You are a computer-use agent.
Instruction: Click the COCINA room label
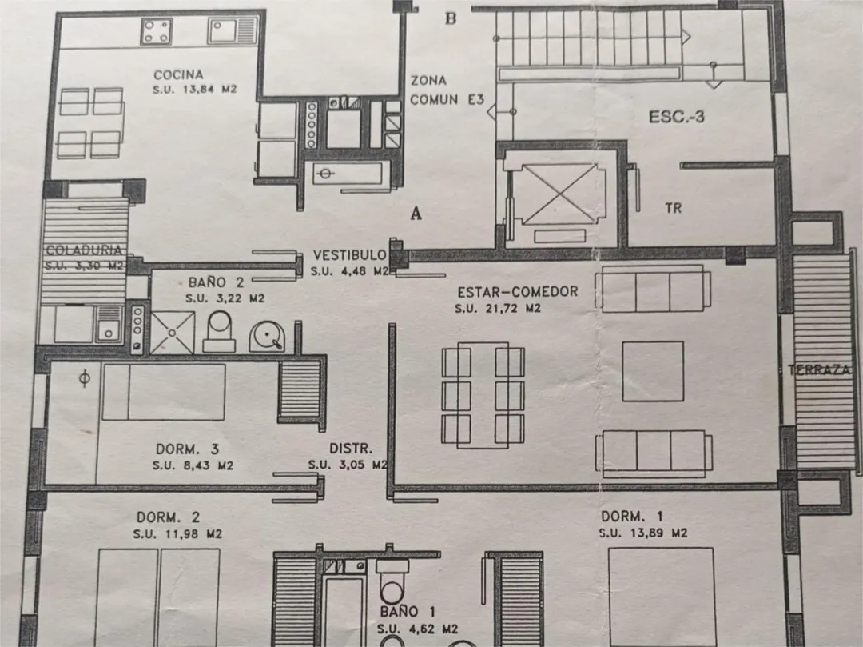pos(178,75)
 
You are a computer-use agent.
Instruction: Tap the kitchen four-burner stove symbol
pos(157,31)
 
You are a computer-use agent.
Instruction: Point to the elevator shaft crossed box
pos(559,194)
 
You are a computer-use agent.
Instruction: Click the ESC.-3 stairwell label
pos(677,117)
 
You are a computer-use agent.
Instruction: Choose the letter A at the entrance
pos(416,213)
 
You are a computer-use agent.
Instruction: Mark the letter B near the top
pos(451,18)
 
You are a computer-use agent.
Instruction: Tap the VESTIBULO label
pos(349,255)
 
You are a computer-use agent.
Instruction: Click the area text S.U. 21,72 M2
pos(498,309)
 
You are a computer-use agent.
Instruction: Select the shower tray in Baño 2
pos(173,333)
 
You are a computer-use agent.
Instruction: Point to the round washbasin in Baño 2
pos(267,336)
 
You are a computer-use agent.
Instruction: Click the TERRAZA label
pos(819,370)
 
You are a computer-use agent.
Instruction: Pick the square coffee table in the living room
pos(653,371)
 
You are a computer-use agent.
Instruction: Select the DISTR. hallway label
pos(351,449)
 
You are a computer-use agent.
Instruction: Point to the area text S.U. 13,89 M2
pos(642,533)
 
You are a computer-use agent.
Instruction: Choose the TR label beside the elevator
pos(673,208)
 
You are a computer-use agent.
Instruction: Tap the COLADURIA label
pos(84,250)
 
